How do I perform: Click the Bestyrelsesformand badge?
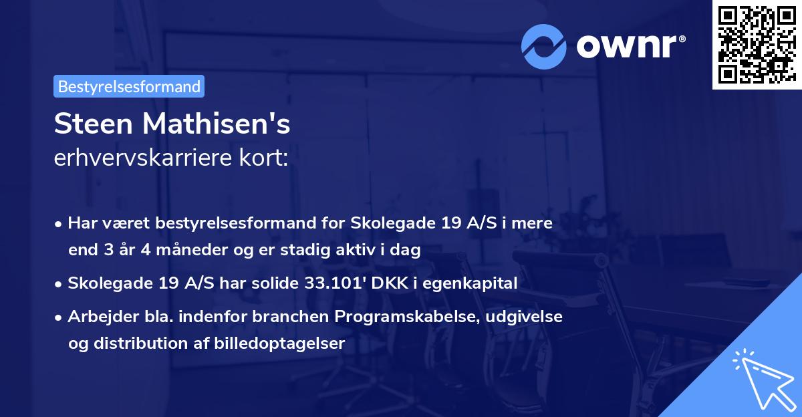[x=129, y=86]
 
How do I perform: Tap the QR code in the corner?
[x=753, y=45]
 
